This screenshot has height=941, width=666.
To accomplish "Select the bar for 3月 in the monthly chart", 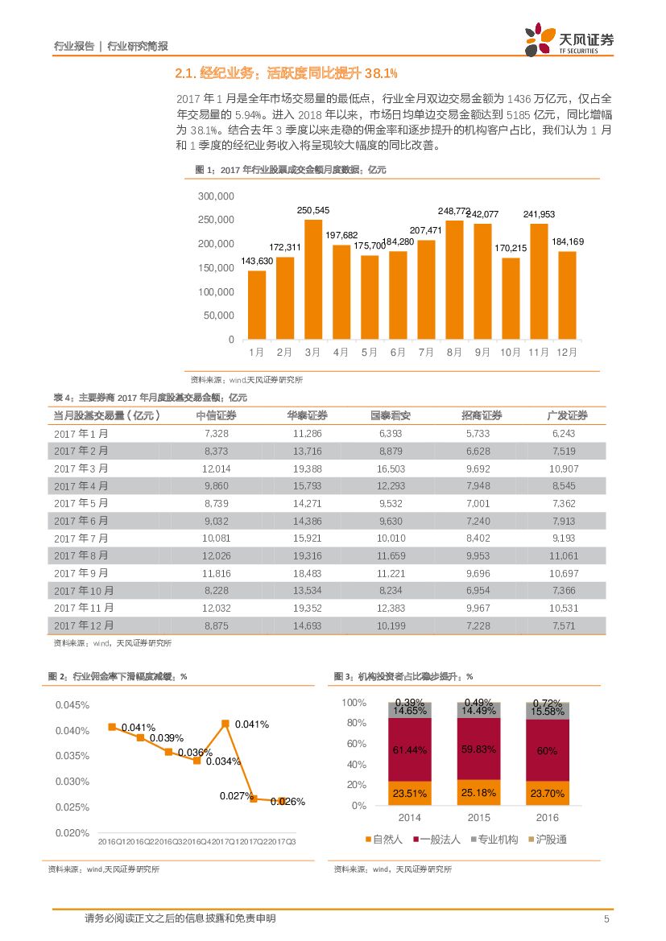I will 313,279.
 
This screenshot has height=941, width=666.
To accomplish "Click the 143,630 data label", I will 257,262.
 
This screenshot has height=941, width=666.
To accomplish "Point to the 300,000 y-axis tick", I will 215,196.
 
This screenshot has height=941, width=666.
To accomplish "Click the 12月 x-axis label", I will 567,353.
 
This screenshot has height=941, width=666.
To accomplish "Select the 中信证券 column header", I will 216,415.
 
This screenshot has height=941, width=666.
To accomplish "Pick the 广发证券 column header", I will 567,415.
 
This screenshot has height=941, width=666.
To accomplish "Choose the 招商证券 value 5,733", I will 477,433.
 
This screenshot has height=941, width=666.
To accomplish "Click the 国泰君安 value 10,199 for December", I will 391,625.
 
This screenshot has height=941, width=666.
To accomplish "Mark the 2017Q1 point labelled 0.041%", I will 225,724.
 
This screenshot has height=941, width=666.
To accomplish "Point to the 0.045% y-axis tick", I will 72,705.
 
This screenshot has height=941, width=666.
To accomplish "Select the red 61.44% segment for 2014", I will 409,749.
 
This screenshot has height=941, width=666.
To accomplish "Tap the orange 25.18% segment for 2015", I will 478,794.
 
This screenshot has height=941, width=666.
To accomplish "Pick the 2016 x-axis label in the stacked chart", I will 547,818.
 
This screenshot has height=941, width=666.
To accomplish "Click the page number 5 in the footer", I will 606,919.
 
